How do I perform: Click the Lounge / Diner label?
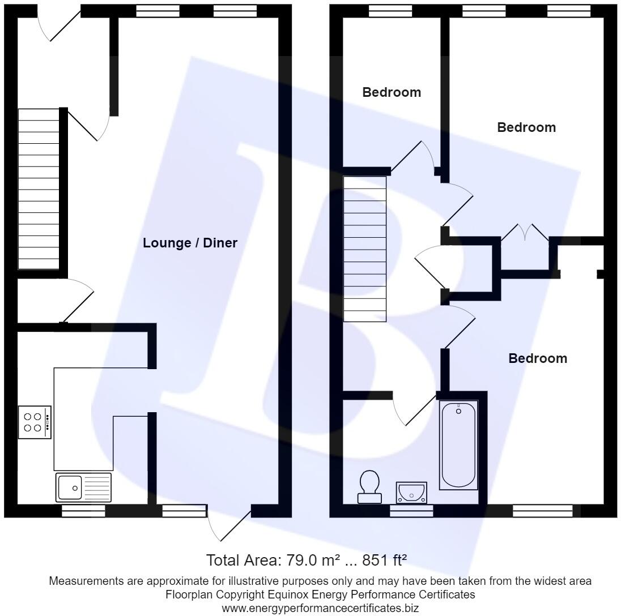(190, 243)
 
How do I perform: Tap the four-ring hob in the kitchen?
(35, 422)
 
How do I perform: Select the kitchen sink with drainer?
(84, 487)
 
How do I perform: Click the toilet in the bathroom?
(369, 486)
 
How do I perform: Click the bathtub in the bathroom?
(458, 444)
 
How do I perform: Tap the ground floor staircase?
(39, 189)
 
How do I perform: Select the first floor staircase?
(365, 249)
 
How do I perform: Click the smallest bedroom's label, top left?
(392, 92)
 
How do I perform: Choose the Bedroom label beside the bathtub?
(537, 358)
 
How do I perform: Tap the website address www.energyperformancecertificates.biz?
(320, 609)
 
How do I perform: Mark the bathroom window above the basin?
(411, 511)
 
